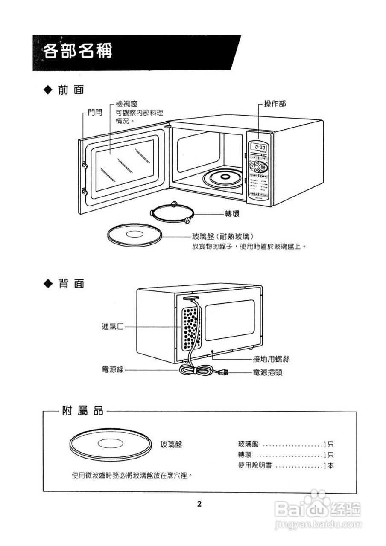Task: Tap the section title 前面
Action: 71,90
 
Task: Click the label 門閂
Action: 95,113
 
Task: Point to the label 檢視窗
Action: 127,104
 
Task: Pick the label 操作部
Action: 275,104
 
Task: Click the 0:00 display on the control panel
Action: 260,147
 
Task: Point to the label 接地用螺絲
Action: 271,360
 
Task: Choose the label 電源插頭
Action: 267,372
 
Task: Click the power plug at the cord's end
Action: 222,372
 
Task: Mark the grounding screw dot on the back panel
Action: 213,351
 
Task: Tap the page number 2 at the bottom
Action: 199,504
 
